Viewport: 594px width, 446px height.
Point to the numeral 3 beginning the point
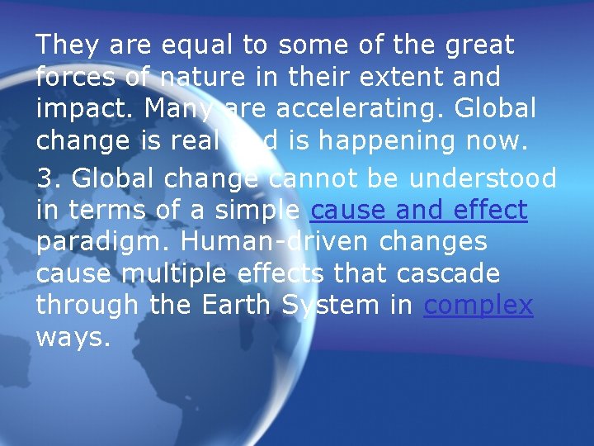45,177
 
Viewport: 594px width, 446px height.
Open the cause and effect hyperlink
417,210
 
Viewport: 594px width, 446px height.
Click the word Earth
234,306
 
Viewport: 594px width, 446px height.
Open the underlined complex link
478,306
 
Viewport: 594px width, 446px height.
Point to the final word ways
73,338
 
